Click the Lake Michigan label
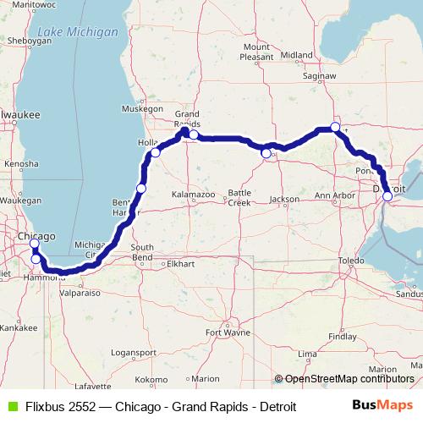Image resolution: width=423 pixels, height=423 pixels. [72, 32]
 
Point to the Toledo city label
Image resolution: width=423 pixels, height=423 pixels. [350, 261]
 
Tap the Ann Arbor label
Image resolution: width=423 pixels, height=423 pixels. [332, 196]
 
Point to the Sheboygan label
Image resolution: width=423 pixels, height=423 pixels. [23, 39]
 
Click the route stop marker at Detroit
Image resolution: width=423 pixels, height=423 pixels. [387, 196]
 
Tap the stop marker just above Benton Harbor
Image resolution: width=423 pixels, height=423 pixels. [141, 188]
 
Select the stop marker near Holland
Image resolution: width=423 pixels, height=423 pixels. [156, 153]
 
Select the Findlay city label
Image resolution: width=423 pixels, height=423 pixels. [342, 336]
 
